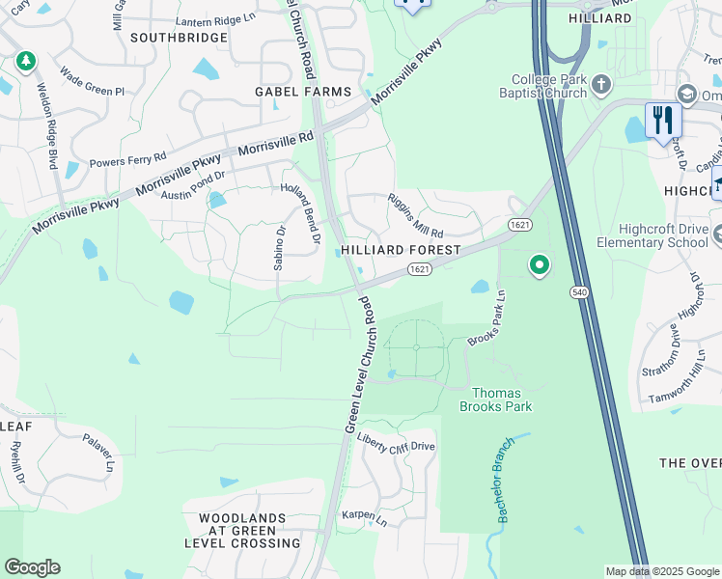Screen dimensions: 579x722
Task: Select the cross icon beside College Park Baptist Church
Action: coord(600,84)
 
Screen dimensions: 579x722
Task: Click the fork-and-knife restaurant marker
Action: coord(662,121)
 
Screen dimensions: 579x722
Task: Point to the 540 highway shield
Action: coord(584,290)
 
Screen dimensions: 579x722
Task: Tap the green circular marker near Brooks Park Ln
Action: coord(540,263)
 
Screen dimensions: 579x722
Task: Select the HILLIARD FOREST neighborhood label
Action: coord(400,250)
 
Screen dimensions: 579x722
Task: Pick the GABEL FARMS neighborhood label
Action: coord(302,92)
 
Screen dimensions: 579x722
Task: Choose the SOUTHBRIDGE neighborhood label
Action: coord(179,39)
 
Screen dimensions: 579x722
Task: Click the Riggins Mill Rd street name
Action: coord(415,219)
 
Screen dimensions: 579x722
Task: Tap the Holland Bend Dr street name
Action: coord(300,205)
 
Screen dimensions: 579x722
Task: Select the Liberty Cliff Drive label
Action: coord(396,444)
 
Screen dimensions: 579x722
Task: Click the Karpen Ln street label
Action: coord(364,517)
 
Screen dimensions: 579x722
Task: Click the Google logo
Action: coord(32,567)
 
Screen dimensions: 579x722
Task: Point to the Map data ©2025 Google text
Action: coord(661,571)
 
